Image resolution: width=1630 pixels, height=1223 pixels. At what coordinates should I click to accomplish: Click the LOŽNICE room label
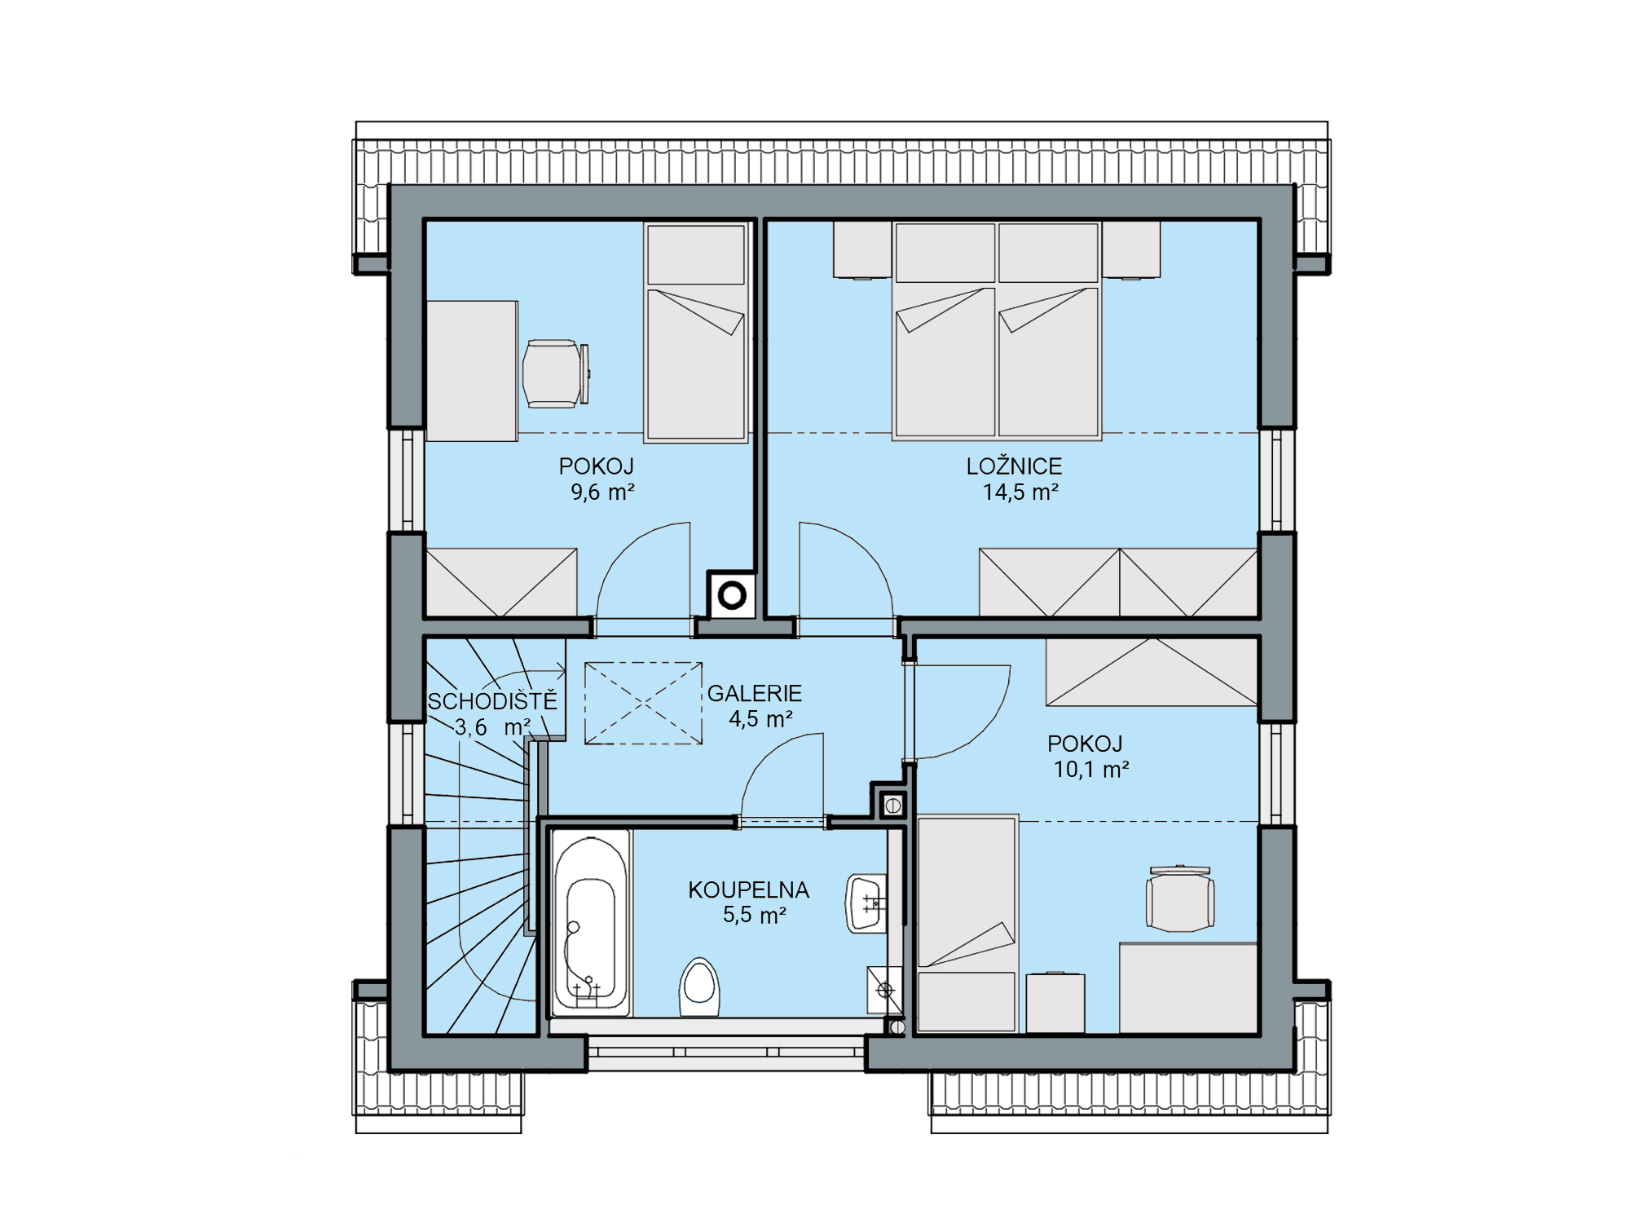pyautogui.click(x=1014, y=466)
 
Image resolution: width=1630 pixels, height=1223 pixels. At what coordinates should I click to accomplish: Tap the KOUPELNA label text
pyautogui.click(x=748, y=890)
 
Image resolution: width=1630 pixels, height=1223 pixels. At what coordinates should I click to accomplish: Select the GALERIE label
pyautogui.click(x=754, y=693)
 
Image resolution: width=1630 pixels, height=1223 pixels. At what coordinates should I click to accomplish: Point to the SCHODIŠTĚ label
pyautogui.click(x=492, y=700)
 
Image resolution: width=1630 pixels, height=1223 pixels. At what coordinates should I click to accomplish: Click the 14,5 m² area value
pyautogui.click(x=1020, y=492)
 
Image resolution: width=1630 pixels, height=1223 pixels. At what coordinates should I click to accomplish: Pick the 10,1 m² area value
pyautogui.click(x=1091, y=770)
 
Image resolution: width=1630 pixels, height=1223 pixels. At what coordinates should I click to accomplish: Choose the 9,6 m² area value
pyautogui.click(x=602, y=492)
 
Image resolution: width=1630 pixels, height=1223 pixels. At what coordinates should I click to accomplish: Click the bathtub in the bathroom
pyautogui.click(x=591, y=923)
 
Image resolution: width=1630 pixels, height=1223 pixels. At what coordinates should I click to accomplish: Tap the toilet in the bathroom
pyautogui.click(x=699, y=987)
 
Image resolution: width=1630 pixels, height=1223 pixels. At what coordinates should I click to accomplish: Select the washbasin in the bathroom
pyautogui.click(x=866, y=903)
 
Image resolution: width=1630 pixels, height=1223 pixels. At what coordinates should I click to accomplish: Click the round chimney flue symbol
pyautogui.click(x=732, y=596)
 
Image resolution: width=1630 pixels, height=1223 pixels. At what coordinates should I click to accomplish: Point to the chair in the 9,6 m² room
pyautogui.click(x=555, y=374)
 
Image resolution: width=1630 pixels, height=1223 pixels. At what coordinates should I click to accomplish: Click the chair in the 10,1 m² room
pyautogui.click(x=1180, y=898)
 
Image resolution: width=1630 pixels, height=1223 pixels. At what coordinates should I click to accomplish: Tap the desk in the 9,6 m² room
pyautogui.click(x=472, y=371)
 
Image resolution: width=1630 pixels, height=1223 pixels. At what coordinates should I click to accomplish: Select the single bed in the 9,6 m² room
pyautogui.click(x=696, y=333)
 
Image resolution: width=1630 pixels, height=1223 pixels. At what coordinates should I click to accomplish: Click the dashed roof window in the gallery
pyautogui.click(x=644, y=703)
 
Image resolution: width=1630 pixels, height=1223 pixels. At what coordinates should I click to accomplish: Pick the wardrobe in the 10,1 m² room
pyautogui.click(x=1152, y=672)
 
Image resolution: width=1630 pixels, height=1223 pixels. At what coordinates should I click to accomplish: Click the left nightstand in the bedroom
pyautogui.click(x=862, y=250)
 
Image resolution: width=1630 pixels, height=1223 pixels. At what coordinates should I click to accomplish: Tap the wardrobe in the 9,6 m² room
pyautogui.click(x=501, y=582)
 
